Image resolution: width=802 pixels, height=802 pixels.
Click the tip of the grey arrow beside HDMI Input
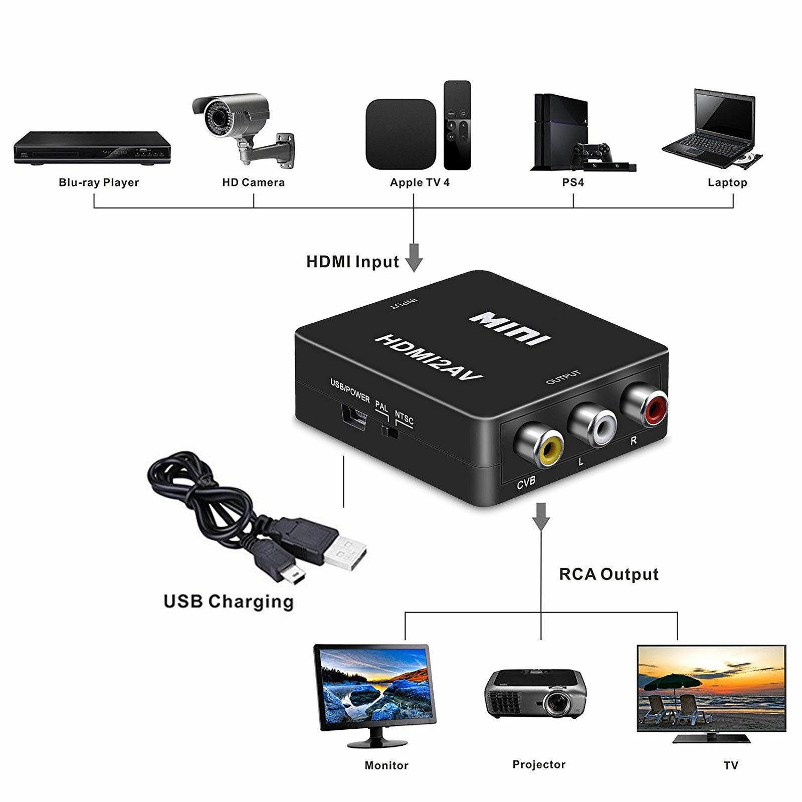pos(414,272)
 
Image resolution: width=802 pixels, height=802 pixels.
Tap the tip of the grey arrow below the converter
pos(541,530)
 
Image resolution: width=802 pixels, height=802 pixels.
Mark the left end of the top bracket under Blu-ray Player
pos(94,195)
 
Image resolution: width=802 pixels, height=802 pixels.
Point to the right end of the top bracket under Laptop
pos(733,195)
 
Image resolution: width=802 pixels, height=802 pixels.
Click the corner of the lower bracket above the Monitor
pos(405,612)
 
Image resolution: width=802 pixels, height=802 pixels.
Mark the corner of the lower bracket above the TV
pos(677,612)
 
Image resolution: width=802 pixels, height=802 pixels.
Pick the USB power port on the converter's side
pos(353,416)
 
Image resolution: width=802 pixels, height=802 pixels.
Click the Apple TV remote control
pos(457,125)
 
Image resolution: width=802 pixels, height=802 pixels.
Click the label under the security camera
pos(254,182)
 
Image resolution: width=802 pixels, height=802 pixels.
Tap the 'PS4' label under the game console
pos(573,182)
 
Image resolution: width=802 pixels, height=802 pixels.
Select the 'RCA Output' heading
pos(609,574)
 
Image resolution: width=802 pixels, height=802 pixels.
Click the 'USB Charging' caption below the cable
pos(229,601)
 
